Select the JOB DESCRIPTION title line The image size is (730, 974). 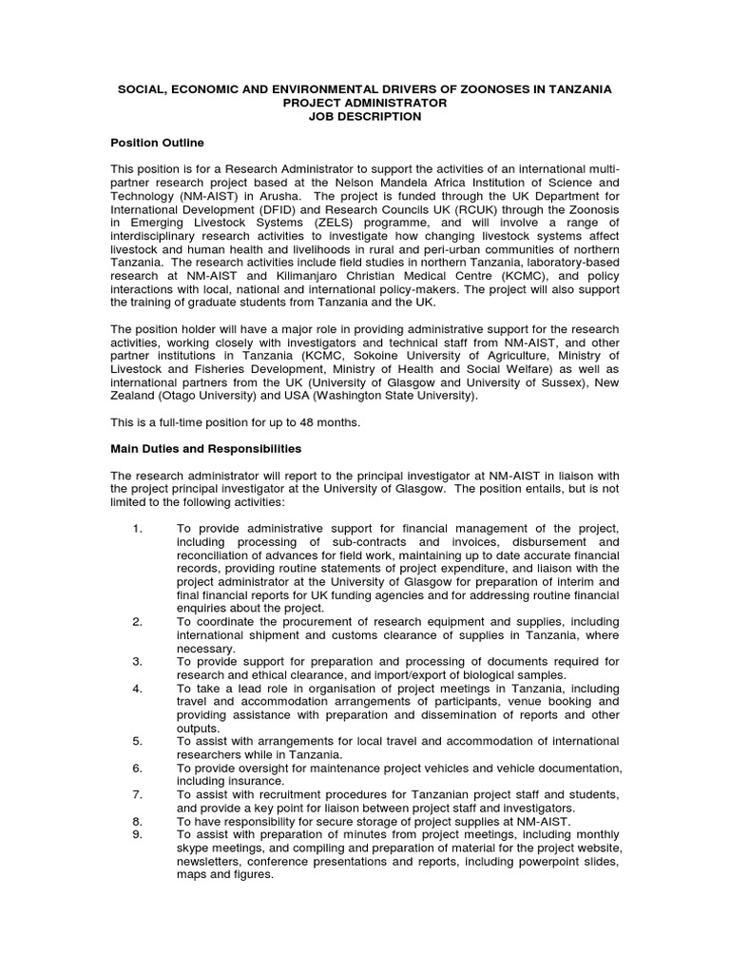coord(364,116)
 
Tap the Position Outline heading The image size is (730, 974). coord(158,143)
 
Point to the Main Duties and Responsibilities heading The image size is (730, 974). coord(206,447)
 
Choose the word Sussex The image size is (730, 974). coord(590,382)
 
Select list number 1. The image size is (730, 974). coord(137,528)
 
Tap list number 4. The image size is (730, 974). coord(137,688)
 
